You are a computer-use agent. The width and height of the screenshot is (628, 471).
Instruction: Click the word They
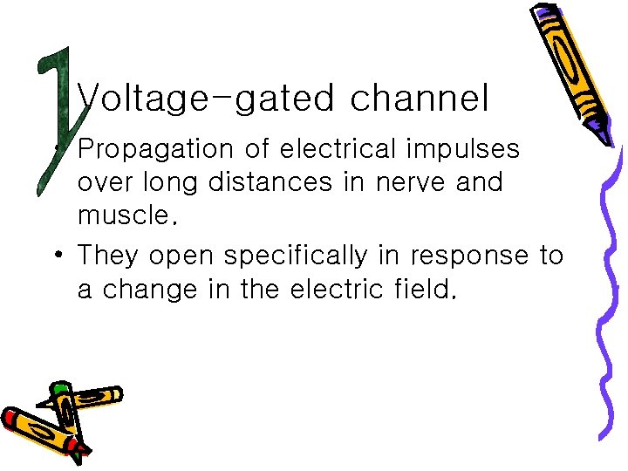pyautogui.click(x=110, y=256)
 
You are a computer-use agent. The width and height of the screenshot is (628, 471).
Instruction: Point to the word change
pyautogui.click(x=150, y=290)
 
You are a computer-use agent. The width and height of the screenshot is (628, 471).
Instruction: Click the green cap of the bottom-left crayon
pyautogui.click(x=59, y=388)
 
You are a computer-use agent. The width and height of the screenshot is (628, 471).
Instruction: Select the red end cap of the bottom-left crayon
pyautogui.click(x=13, y=417)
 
